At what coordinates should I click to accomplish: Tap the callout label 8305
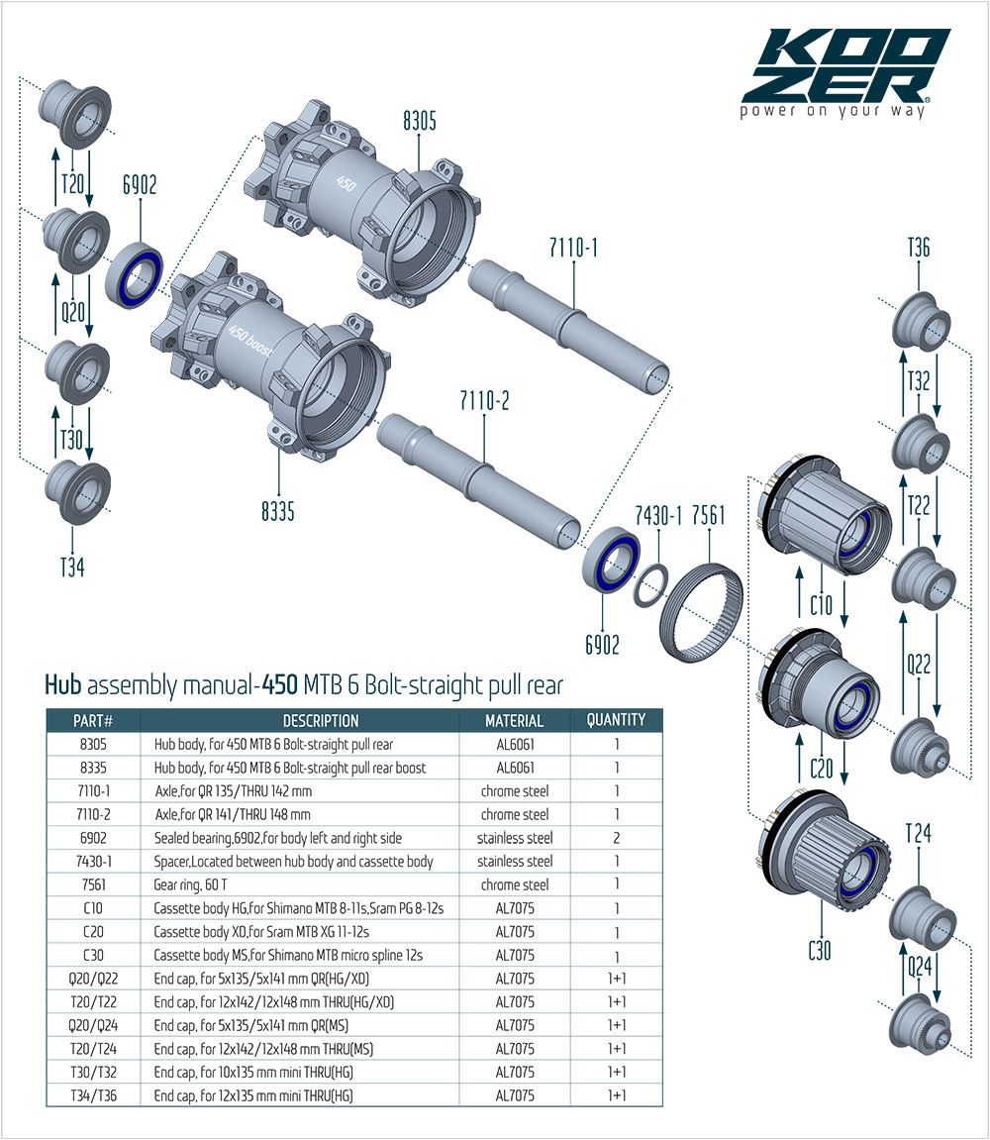tap(420, 122)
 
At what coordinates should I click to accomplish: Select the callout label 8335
tap(278, 511)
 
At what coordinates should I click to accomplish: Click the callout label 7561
tap(709, 515)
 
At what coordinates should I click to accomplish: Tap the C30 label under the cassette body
tap(819, 952)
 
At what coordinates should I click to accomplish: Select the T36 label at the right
tap(918, 248)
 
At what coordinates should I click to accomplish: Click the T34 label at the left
tap(71, 568)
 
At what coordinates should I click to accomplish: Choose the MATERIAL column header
tap(514, 721)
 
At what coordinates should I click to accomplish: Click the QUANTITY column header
tap(616, 720)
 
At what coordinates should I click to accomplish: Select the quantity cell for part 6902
tap(616, 838)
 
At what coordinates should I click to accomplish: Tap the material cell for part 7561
tap(514, 885)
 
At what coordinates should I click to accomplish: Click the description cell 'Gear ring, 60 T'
tap(197, 885)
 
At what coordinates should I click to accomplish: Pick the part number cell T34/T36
tap(93, 1095)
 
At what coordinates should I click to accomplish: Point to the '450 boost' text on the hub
tap(251, 334)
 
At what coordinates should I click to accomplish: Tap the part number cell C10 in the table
tap(93, 908)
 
